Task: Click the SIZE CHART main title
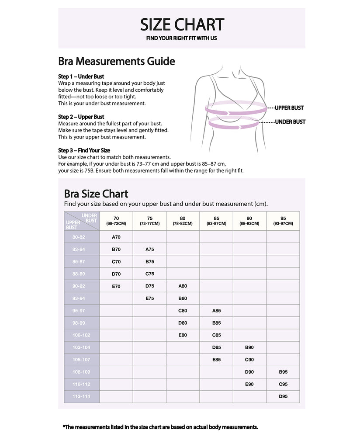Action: pos(182,24)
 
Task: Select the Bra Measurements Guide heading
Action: pos(116,61)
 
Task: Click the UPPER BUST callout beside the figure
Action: pos(289,108)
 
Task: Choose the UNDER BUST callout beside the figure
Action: pos(290,122)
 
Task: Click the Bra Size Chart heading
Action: pos(96,193)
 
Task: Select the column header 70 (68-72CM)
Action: pos(116,221)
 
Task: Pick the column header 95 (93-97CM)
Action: pos(283,221)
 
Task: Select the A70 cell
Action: pos(116,237)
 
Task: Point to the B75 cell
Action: pos(149,262)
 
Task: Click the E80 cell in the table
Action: pos(183,335)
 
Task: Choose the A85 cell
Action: pos(216,311)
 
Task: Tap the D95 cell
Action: pos(283,397)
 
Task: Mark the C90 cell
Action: pos(249,360)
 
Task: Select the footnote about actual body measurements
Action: pos(160,427)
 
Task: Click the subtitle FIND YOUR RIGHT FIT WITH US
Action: pos(182,38)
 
